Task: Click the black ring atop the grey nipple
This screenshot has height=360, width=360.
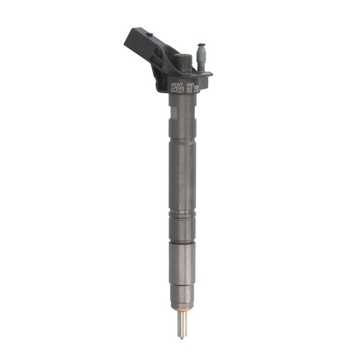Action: (x=202, y=45)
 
